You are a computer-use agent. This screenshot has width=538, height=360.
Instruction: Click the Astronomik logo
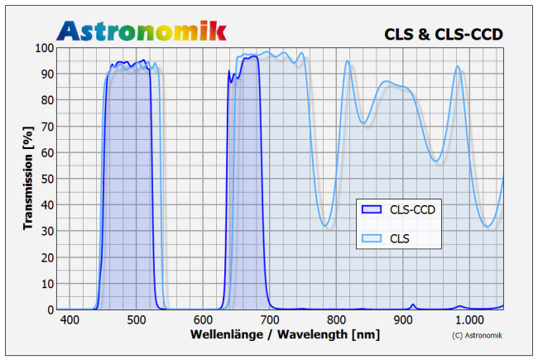click(x=142, y=31)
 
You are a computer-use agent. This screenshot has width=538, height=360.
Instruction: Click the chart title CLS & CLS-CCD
click(x=444, y=34)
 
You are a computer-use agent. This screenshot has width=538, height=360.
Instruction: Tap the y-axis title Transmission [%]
click(x=28, y=178)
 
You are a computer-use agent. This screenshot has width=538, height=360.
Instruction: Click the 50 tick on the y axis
click(x=46, y=179)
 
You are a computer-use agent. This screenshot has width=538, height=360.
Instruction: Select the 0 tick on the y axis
click(x=50, y=310)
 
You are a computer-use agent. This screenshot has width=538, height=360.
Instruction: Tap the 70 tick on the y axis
click(x=46, y=127)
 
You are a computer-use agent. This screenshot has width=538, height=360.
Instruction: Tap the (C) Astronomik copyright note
click(x=478, y=335)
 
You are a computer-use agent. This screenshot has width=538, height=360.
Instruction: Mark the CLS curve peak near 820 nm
click(x=348, y=61)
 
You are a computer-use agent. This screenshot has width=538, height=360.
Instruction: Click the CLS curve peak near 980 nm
click(x=457, y=67)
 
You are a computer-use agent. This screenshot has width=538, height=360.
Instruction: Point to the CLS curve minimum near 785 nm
click(x=326, y=225)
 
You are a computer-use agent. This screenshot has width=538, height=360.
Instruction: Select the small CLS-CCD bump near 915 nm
click(x=413, y=305)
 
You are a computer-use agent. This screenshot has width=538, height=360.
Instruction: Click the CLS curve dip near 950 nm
click(x=437, y=161)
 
